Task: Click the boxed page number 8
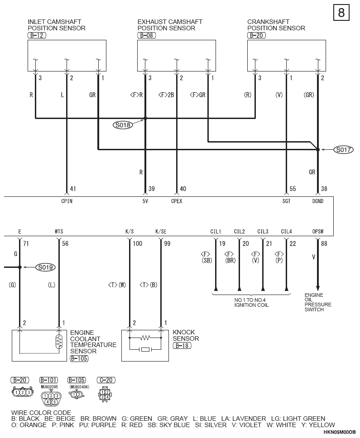(341, 13)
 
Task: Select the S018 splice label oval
(123, 125)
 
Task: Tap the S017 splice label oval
(344, 150)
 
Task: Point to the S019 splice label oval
(46, 267)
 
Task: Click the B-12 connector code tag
(37, 35)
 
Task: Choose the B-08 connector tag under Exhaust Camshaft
(147, 35)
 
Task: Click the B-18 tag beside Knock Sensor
(182, 346)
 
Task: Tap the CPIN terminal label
(67, 201)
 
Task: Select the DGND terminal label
(318, 201)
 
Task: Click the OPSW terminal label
(318, 232)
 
